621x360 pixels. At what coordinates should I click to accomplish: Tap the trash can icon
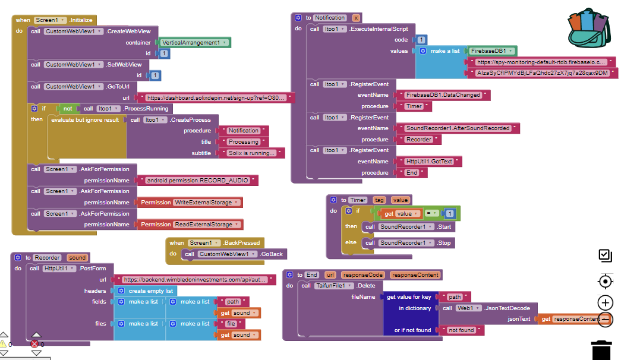602,350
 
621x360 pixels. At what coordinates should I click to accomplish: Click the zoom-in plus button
605,302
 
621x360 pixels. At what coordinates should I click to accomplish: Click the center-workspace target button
605,281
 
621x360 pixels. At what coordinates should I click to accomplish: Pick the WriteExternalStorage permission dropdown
207,203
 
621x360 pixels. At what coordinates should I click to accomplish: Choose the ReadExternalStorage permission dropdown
207,225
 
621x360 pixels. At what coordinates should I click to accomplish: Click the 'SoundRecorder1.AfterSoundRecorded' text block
458,128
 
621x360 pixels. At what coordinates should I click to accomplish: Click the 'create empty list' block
151,291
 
